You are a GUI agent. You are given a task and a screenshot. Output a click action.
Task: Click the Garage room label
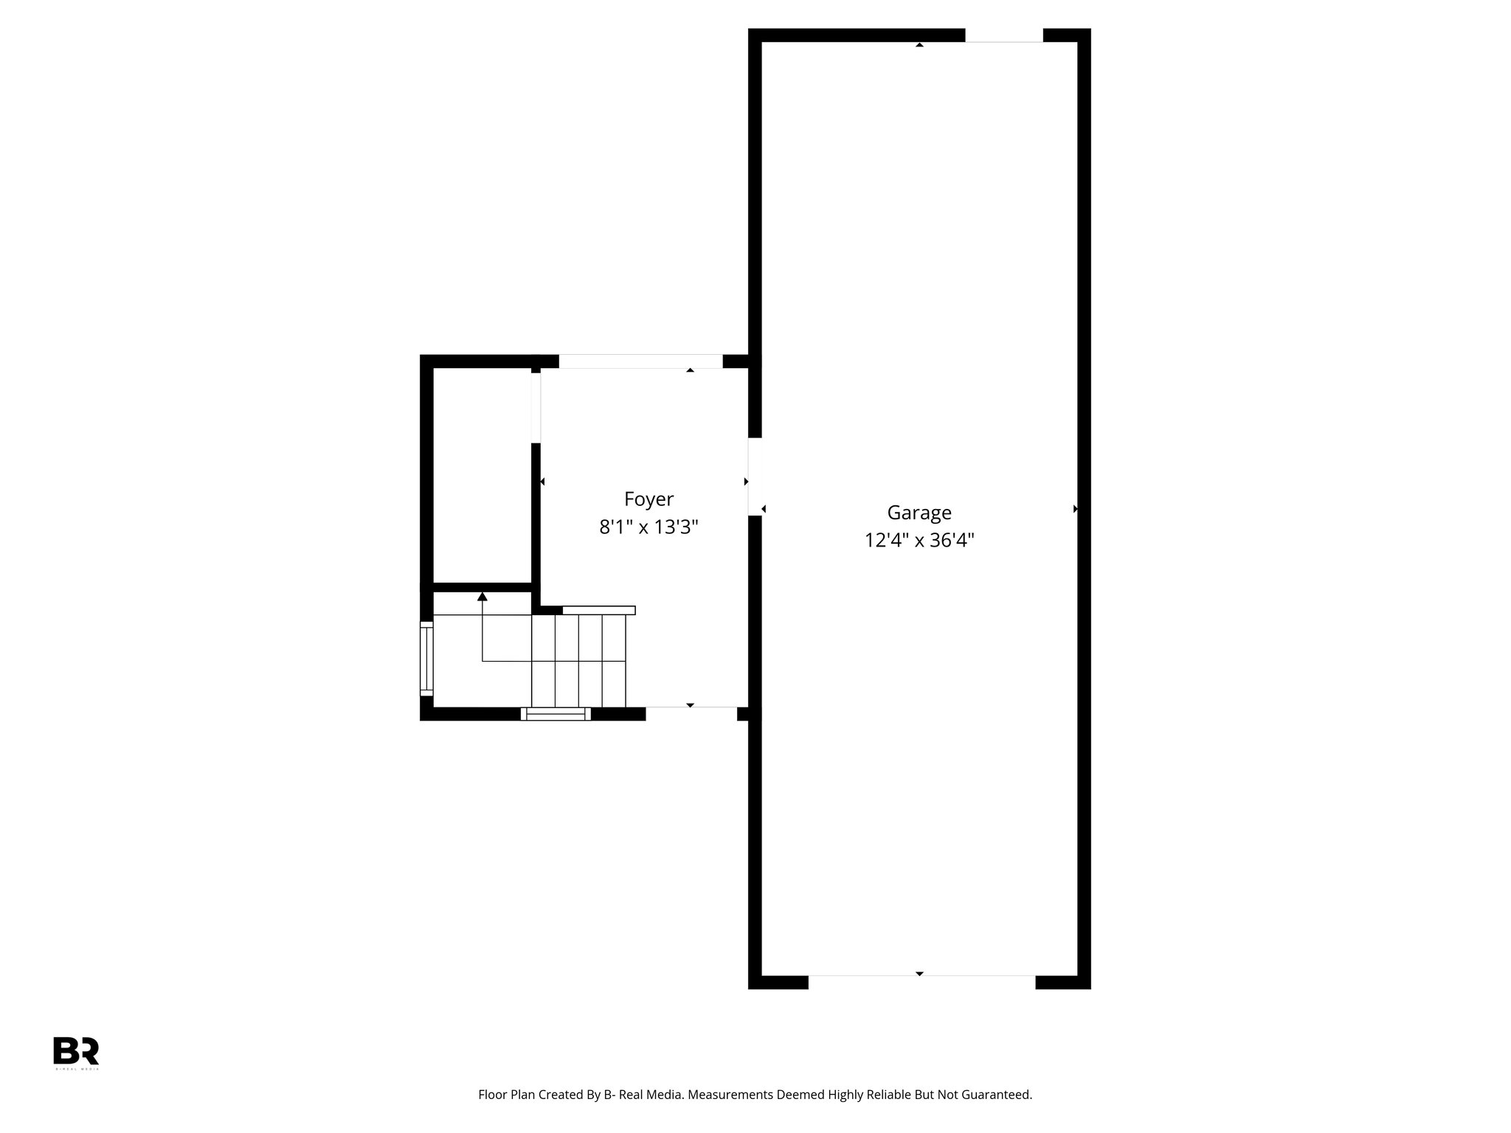(919, 512)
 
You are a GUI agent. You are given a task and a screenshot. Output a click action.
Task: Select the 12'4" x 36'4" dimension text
(919, 541)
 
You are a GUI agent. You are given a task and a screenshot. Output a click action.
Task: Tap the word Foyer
(649, 499)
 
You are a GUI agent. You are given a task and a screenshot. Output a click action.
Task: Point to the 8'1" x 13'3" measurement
(649, 527)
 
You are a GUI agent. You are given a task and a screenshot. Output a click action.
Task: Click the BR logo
(75, 1050)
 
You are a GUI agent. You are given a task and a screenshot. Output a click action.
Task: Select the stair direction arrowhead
(483, 596)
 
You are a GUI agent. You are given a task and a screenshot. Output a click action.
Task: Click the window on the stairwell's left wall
(426, 658)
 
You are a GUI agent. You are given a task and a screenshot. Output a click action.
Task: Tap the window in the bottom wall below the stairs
(556, 713)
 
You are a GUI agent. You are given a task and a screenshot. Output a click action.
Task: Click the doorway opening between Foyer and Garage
(755, 477)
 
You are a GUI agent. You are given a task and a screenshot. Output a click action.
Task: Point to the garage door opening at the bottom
(922, 982)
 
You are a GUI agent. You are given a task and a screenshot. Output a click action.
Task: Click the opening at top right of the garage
(1003, 35)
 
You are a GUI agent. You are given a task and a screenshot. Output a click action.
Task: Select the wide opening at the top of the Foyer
(640, 361)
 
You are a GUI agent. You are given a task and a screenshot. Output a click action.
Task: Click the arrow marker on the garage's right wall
(1076, 509)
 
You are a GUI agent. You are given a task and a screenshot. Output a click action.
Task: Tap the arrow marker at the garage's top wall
(919, 45)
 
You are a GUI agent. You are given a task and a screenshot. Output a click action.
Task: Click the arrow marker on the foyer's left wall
(542, 482)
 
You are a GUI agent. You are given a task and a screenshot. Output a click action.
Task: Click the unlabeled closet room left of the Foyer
(482, 475)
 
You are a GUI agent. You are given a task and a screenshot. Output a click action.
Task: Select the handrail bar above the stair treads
(598, 610)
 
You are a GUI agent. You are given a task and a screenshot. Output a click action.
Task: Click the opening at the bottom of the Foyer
(691, 713)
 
